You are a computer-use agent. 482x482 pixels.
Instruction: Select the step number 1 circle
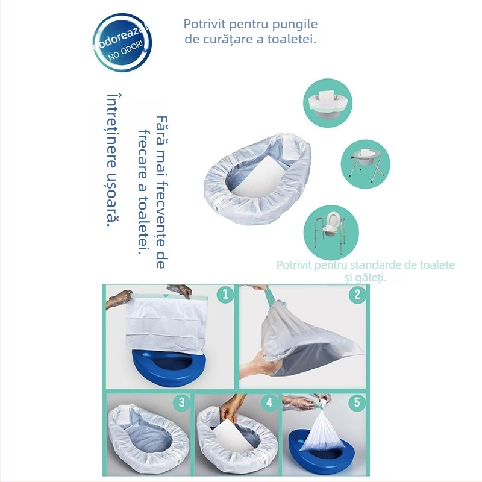click(224, 294)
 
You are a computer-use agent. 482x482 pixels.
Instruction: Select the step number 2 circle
click(357, 294)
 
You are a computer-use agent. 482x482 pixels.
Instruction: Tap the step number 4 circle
click(269, 402)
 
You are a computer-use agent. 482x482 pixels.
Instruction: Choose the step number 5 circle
click(357, 402)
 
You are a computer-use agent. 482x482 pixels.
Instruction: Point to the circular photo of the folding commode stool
click(367, 160)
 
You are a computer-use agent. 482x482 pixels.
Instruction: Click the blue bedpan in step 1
click(169, 368)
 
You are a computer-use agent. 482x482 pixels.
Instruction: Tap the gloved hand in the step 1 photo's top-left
click(120, 297)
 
